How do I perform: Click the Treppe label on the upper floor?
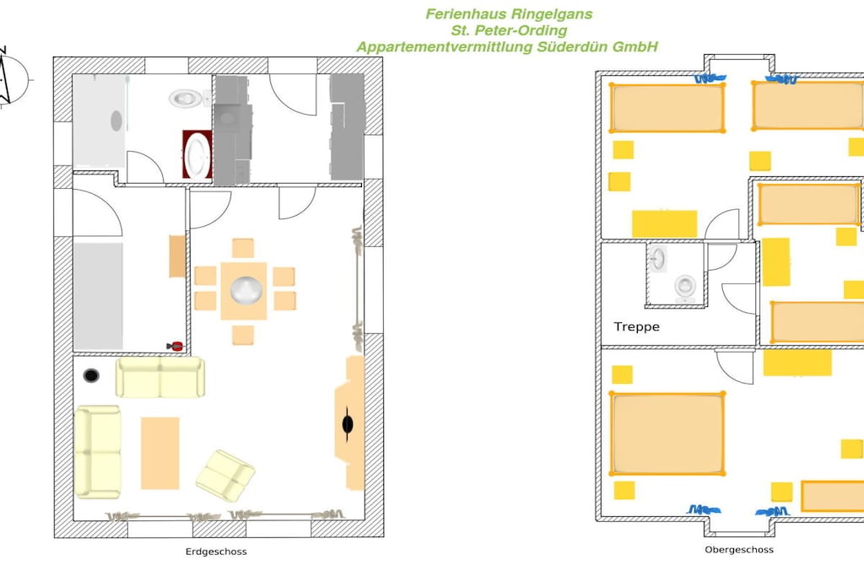(x=636, y=326)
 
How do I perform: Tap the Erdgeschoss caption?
(x=216, y=552)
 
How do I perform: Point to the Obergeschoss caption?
(x=739, y=550)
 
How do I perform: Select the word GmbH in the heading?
(x=635, y=47)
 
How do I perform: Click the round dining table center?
(x=246, y=290)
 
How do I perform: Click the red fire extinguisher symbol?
(x=175, y=347)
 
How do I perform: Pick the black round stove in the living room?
(x=91, y=375)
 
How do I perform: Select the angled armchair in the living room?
(x=225, y=476)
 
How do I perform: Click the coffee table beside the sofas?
(x=159, y=453)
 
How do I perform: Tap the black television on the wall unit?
(x=348, y=424)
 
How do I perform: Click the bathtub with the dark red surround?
(x=197, y=154)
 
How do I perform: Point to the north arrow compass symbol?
(x=10, y=77)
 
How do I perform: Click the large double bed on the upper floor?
(x=667, y=433)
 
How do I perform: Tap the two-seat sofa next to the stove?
(x=159, y=377)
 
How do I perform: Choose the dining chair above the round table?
(x=243, y=248)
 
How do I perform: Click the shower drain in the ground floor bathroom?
(x=116, y=121)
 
